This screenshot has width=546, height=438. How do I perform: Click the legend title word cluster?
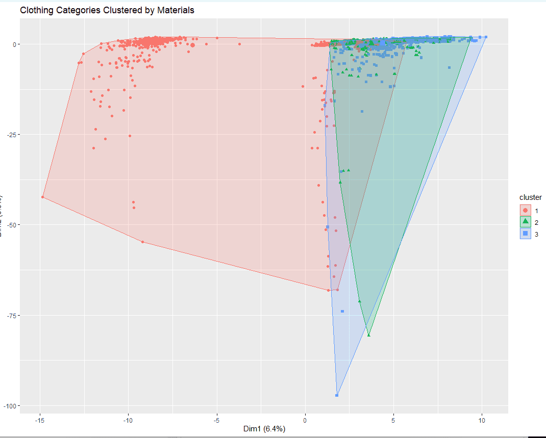tap(530, 197)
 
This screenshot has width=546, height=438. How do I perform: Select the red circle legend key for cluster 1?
tap(526, 210)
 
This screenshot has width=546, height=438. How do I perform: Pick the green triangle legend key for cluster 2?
tap(526, 222)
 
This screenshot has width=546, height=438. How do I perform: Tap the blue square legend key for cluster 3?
tap(526, 234)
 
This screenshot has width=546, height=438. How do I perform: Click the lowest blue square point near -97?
tap(337, 395)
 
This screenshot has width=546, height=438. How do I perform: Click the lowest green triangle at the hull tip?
tap(369, 335)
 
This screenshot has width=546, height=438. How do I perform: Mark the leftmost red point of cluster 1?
tap(43, 197)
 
